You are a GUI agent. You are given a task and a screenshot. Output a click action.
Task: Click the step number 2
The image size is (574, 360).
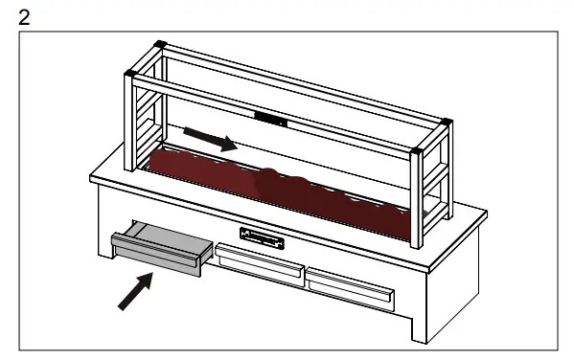click(x=11, y=11)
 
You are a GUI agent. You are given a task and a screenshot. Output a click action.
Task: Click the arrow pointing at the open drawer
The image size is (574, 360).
click(x=134, y=291)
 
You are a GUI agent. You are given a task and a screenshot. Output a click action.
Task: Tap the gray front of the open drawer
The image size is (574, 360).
click(x=155, y=255)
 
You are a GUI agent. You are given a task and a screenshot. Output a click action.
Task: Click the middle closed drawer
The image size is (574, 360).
click(x=258, y=259)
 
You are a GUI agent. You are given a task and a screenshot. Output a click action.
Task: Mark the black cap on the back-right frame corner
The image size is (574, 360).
click(x=445, y=120)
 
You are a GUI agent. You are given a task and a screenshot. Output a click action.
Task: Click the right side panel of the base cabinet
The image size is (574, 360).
click(x=450, y=278)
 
